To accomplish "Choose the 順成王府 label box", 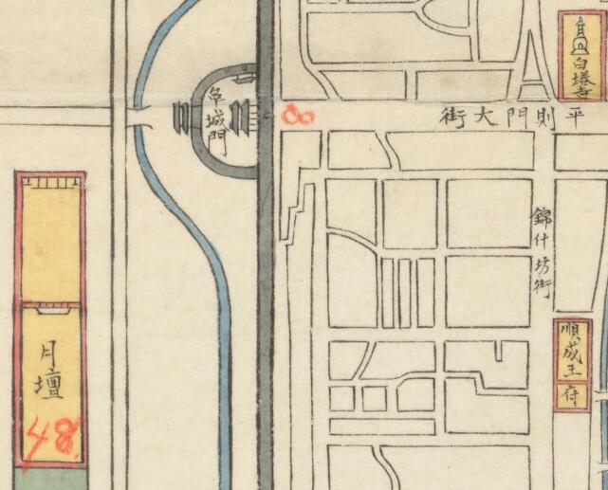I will [x=571, y=364].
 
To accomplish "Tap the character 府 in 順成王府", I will [x=571, y=397].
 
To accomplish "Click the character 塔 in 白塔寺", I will [x=580, y=77].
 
